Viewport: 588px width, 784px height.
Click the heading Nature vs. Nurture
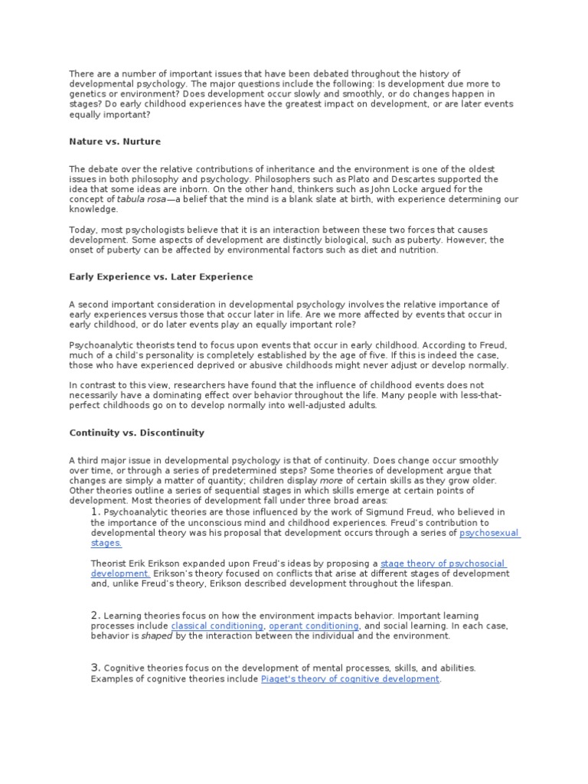pos(115,142)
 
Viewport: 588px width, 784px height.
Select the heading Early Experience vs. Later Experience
pos(161,276)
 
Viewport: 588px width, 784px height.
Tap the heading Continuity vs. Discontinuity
pos(137,433)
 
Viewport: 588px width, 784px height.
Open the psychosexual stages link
pos(489,533)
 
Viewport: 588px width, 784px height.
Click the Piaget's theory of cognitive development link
pos(350,678)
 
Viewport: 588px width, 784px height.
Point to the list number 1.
pos(95,511)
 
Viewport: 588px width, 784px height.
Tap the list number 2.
pos(95,615)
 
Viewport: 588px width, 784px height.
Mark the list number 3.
pos(95,668)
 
